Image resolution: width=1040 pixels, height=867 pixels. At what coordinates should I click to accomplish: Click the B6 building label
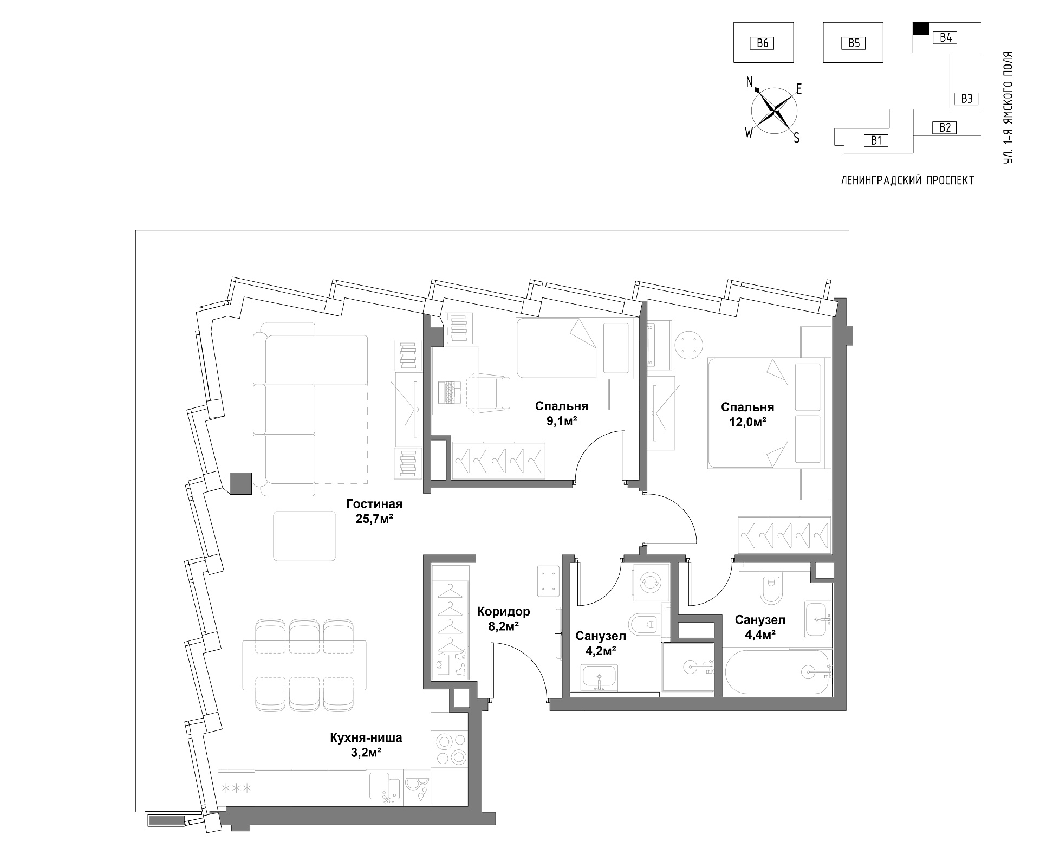[762, 43]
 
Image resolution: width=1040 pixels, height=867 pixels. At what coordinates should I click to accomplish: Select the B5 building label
[854, 43]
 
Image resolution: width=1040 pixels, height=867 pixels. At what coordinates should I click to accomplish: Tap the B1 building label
[876, 141]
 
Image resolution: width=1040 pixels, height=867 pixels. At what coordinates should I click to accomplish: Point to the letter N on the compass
[750, 82]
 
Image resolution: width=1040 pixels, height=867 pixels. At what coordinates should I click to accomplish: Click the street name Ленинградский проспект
[907, 180]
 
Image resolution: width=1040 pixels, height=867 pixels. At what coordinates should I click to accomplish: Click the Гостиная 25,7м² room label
[374, 511]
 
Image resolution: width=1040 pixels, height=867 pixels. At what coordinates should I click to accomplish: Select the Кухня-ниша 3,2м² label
[366, 745]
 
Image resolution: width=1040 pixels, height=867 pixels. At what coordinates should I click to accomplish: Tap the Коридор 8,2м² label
[503, 619]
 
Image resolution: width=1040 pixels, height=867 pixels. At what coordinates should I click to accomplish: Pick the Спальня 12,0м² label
[747, 414]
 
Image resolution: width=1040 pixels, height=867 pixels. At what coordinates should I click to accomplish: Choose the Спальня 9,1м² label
[562, 413]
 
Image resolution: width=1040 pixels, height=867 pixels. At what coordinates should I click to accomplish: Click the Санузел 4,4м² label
[760, 626]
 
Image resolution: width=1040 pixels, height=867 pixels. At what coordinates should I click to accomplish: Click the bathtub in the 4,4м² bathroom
[776, 672]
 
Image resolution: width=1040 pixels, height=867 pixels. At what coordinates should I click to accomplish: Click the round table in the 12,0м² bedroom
[690, 344]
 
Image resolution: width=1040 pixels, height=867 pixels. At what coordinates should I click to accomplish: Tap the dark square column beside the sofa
[241, 483]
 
